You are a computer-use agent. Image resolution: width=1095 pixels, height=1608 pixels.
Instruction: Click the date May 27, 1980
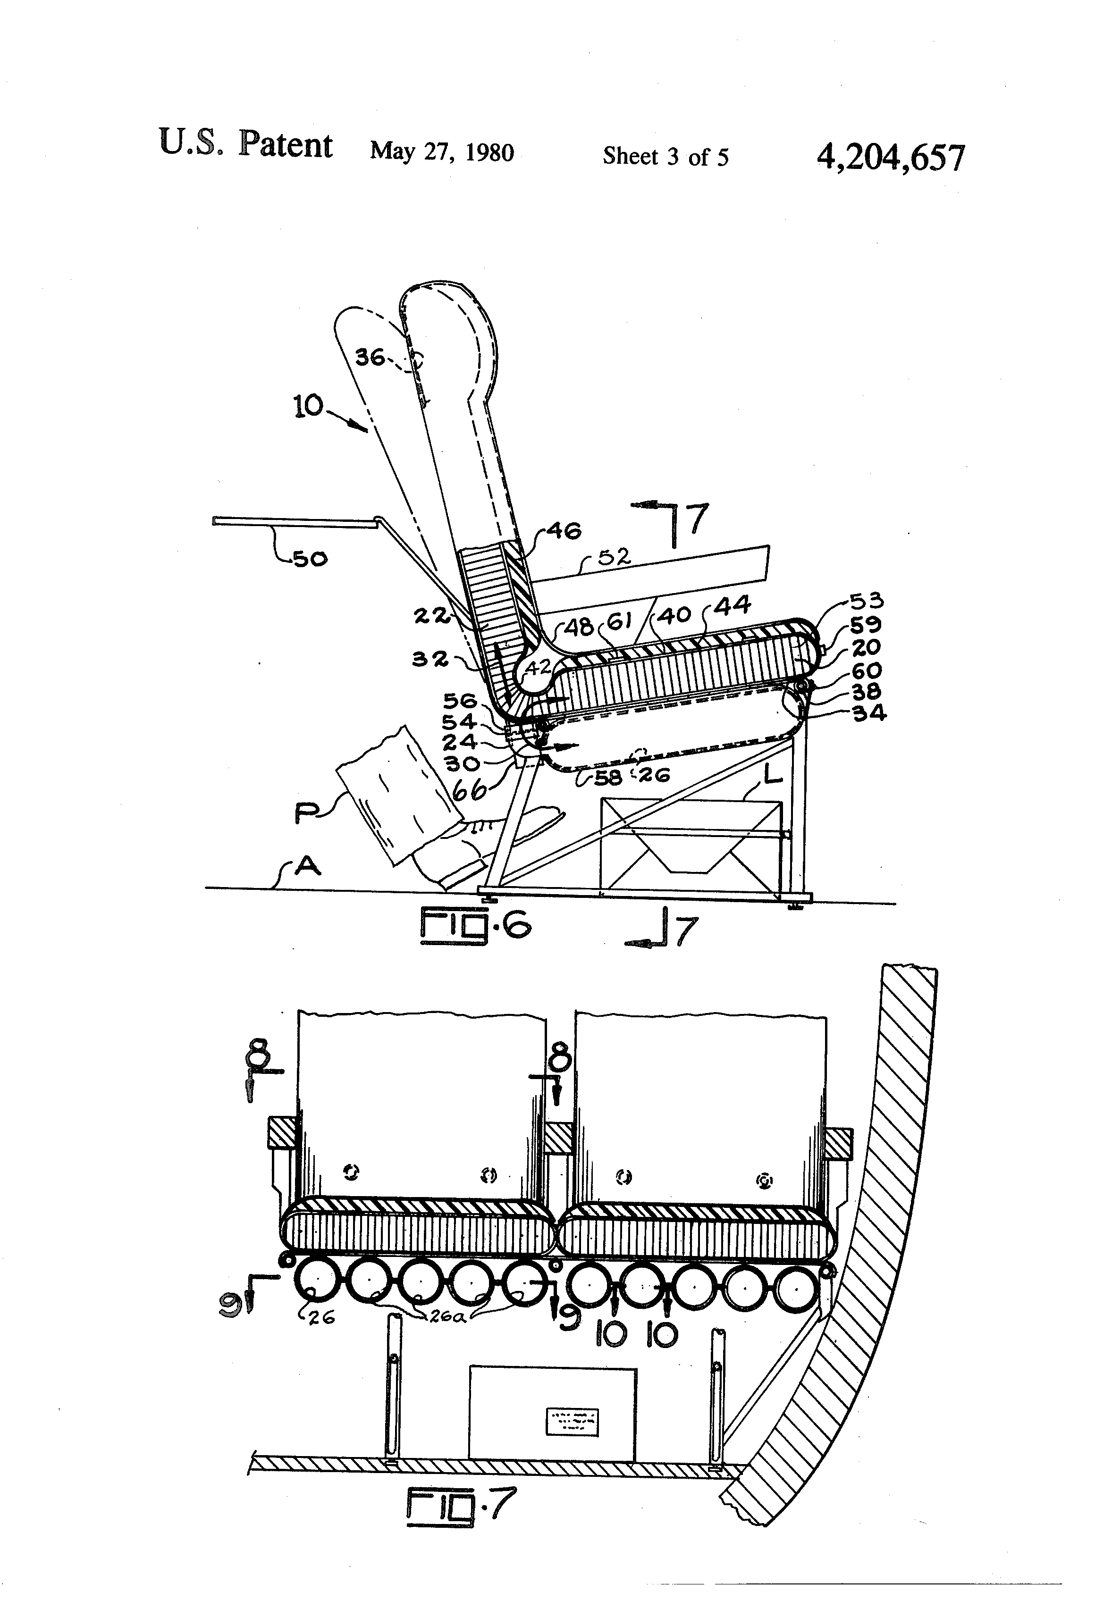[x=442, y=151]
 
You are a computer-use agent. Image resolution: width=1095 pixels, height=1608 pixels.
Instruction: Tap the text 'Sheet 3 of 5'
[x=665, y=156]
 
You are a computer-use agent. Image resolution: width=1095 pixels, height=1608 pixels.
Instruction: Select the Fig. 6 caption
[x=475, y=926]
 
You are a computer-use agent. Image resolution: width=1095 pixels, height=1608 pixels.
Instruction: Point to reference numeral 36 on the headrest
[x=370, y=357]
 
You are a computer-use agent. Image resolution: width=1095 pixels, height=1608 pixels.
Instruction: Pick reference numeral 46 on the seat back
[x=564, y=531]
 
